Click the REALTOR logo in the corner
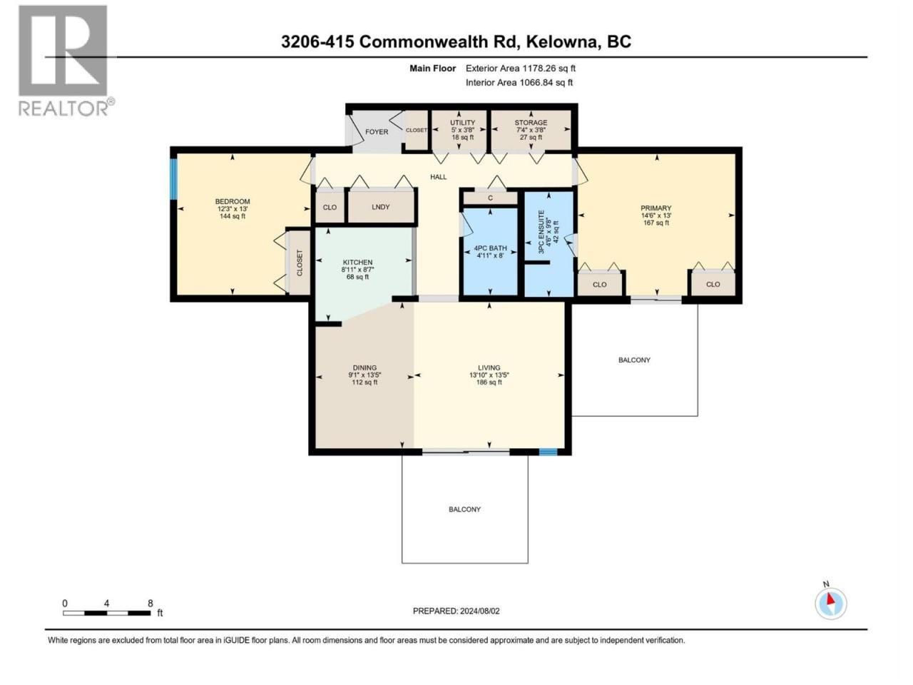coord(66,61)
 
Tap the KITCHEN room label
coord(357,263)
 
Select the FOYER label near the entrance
coord(377,132)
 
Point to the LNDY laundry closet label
coord(381,207)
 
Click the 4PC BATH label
coord(491,248)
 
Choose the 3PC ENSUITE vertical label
coord(541,232)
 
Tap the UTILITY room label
coord(462,123)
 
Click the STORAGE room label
coord(531,123)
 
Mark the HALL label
coord(439,177)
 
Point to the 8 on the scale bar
coord(151,604)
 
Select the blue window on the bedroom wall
coord(174,179)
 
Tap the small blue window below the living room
coord(548,452)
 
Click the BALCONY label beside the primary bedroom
coord(634,360)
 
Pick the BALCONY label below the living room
coord(464,509)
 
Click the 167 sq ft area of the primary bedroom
coord(656,223)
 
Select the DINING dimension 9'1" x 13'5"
coord(364,375)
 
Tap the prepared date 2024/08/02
coord(479,611)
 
